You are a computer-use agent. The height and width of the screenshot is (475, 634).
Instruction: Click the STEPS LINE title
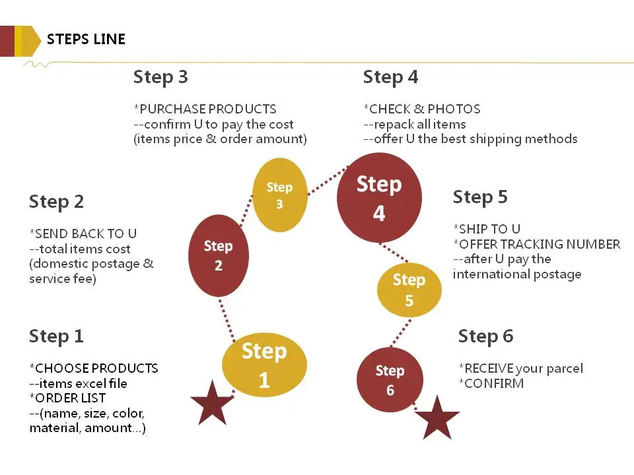coord(86,39)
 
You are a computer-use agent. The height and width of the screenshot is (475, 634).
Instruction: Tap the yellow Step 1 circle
coord(264,365)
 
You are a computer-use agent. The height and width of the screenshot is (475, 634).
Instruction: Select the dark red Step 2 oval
coord(219,256)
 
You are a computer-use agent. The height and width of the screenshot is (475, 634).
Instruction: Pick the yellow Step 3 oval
coord(279,195)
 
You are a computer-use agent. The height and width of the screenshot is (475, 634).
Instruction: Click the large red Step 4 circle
coord(379,198)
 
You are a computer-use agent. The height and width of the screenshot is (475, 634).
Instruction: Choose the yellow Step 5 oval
coord(409,290)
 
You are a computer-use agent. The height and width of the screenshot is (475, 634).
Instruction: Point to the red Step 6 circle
coord(390,380)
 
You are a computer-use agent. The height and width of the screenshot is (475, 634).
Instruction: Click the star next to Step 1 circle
coord(212,404)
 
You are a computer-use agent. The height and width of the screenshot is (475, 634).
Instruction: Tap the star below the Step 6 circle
coord(437,418)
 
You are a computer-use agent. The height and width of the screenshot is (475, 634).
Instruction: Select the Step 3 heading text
coord(160,77)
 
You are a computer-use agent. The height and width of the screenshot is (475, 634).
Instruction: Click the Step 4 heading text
coord(390,77)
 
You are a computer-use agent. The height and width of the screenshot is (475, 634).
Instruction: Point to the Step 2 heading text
coord(57,202)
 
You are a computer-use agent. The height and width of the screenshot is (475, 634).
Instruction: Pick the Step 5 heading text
coord(480,197)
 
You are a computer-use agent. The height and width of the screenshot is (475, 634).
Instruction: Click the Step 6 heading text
coord(485,336)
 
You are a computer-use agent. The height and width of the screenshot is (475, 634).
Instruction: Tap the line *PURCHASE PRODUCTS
coord(205,109)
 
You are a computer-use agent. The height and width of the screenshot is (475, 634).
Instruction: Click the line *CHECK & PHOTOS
coord(421,109)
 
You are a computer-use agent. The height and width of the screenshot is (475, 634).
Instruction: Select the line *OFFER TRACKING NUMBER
coord(536,244)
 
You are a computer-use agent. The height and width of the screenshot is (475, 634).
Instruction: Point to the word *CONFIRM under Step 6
coord(491,383)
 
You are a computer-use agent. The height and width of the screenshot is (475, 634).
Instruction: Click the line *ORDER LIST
coord(67,398)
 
